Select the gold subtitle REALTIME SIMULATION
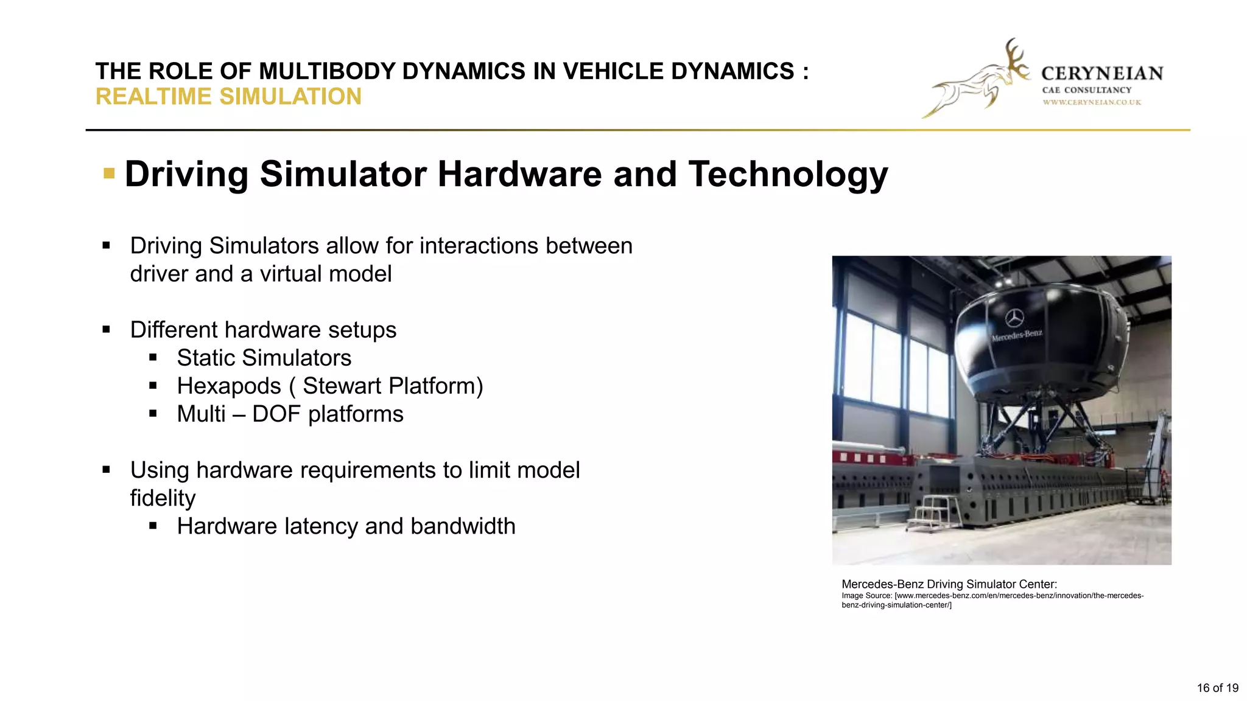[228, 97]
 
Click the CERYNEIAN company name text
[1101, 74]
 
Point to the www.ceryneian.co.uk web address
[1092, 102]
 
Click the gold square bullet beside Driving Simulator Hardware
[109, 174]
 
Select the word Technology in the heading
[788, 174]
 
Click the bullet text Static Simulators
[264, 358]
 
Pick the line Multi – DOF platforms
[290, 414]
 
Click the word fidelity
[163, 498]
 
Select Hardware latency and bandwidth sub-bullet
[346, 526]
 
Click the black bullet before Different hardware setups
[107, 330]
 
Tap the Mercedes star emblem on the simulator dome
[1014, 318]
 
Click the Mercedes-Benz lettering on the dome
[1017, 335]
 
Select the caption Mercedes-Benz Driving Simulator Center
[949, 584]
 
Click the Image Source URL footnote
[992, 600]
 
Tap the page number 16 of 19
[1217, 688]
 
